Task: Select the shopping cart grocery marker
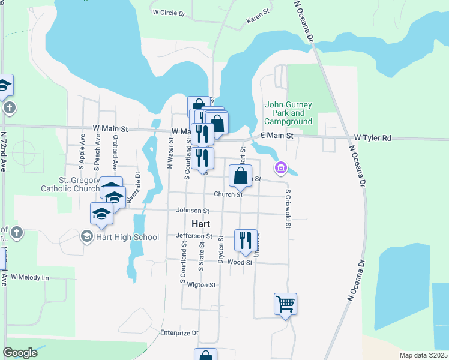click(286, 304)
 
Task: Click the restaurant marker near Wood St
click(245, 241)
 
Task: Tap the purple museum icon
click(280, 167)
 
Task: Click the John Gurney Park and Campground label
click(289, 113)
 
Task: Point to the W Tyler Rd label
click(372, 138)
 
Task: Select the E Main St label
click(277, 136)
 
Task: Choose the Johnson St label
click(192, 211)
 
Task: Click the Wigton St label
click(201, 285)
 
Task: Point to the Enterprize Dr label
click(179, 332)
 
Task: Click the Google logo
click(20, 353)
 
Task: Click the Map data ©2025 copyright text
click(423, 355)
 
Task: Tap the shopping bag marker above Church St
click(240, 176)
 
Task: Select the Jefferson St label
click(194, 236)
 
